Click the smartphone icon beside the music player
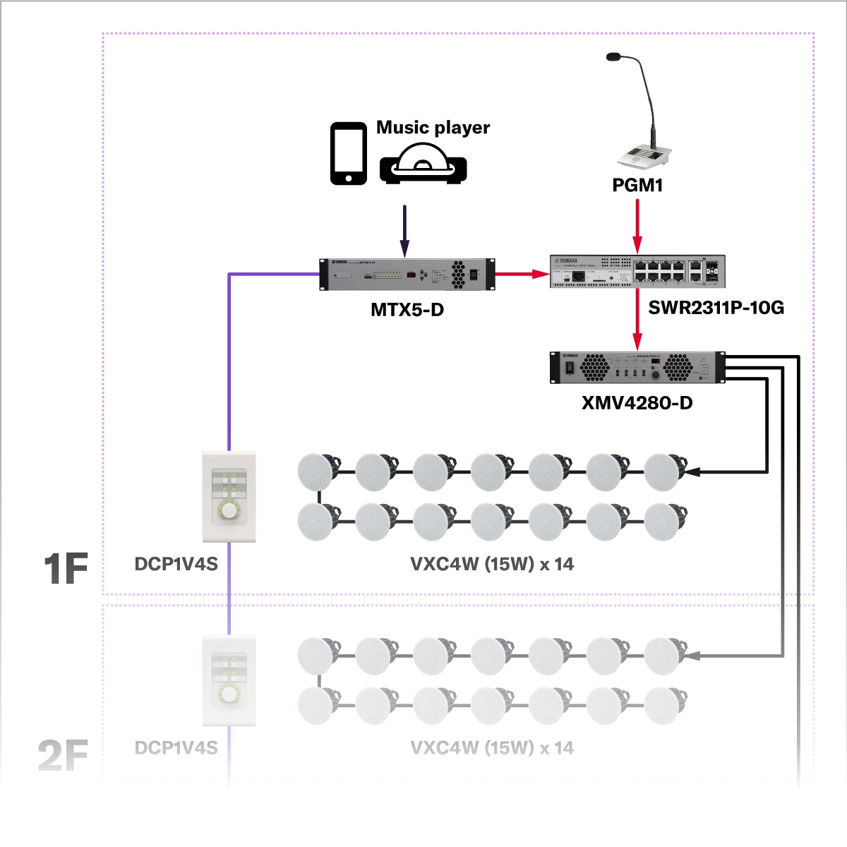point(349,154)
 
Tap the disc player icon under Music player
point(423,164)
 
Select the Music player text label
point(433,128)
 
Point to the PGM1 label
point(637,186)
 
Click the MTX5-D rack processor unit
point(407,275)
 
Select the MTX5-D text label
point(407,310)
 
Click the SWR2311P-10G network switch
point(637,272)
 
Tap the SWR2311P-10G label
point(716,308)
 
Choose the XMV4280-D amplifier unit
point(637,367)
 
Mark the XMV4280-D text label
point(637,403)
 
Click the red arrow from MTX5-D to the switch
point(522,274)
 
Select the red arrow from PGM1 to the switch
point(637,225)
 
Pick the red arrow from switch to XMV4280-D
point(637,319)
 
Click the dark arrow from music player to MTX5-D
point(404,231)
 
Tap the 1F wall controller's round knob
point(229,510)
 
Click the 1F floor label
point(66,569)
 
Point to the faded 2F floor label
point(63,755)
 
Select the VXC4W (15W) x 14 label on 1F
point(492,565)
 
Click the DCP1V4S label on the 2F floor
point(176,748)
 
